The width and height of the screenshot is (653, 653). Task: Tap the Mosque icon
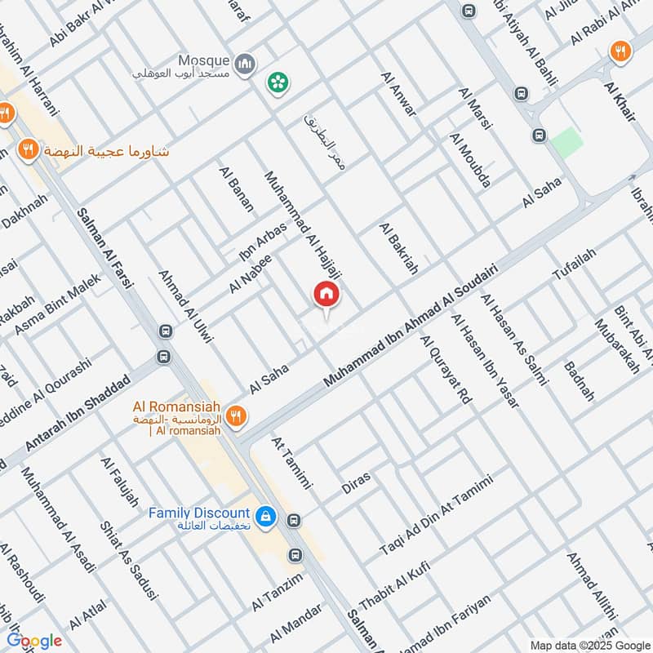(244, 63)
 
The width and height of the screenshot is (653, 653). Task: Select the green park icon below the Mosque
(278, 82)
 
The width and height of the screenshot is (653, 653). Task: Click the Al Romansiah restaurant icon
(236, 415)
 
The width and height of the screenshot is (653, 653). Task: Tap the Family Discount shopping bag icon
(264, 517)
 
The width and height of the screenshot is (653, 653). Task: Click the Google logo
(34, 641)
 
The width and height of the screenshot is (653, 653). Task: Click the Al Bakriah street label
(398, 248)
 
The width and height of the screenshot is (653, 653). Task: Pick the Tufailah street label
(575, 264)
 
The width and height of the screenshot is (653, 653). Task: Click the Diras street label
(356, 482)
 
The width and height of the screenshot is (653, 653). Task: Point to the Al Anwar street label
(398, 93)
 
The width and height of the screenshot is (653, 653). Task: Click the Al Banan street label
(236, 189)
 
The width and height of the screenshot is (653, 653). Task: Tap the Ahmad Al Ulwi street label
(185, 306)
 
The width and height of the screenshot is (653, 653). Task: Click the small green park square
(566, 143)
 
